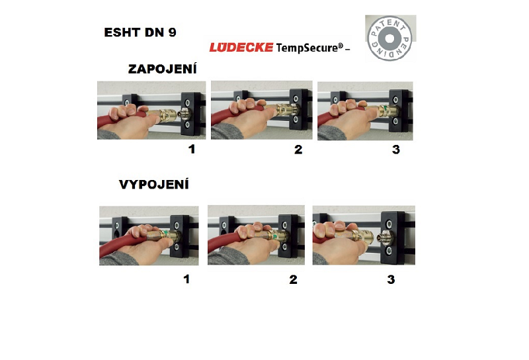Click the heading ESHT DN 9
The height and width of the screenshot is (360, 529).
point(140,32)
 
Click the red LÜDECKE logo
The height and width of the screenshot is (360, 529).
point(241,47)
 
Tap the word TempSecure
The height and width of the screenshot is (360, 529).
point(307,48)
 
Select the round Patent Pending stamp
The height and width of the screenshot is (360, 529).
point(389,38)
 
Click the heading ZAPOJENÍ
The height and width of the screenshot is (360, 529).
point(162,69)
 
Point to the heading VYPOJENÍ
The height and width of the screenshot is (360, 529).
point(154,185)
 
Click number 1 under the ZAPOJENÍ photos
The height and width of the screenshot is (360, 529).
point(192,149)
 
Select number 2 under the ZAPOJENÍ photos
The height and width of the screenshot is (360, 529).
point(298,150)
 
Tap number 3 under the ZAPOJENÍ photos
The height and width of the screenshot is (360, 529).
point(396,150)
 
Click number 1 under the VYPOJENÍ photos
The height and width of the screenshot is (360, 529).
point(186,279)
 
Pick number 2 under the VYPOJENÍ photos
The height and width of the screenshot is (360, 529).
point(293,279)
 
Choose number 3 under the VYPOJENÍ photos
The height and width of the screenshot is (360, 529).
point(391,279)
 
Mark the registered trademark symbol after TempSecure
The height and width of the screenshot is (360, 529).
point(341,45)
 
